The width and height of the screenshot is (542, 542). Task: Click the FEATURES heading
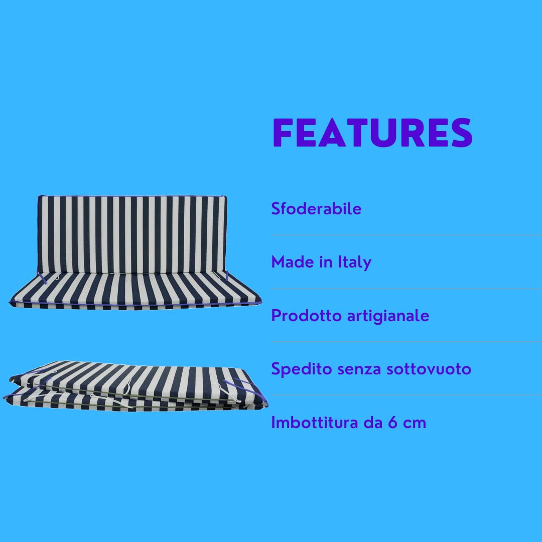click(x=372, y=133)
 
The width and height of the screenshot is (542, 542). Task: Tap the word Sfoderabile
click(x=316, y=209)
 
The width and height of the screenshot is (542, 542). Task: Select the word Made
click(x=288, y=262)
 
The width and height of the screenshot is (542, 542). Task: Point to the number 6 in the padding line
click(x=393, y=423)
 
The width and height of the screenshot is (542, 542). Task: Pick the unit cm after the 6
click(x=415, y=423)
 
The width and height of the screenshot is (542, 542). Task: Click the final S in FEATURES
click(x=459, y=133)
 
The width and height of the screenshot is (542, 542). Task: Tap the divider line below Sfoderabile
click(x=406, y=235)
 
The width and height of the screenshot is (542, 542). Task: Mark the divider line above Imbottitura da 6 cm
click(x=406, y=395)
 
